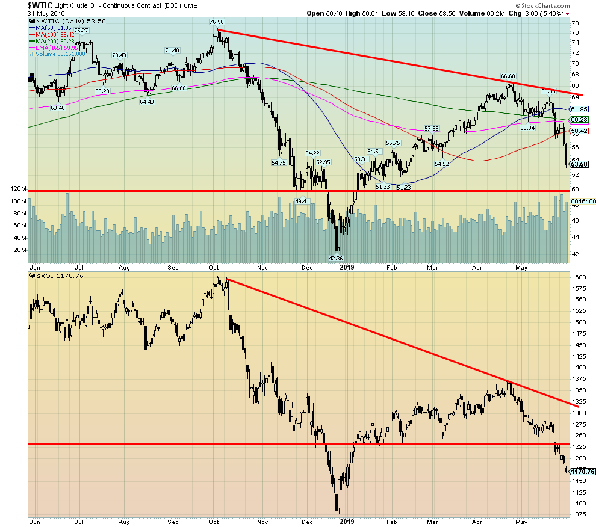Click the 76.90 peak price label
coord(217,22)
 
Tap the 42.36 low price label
coord(335,259)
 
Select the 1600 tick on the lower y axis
coord(579,277)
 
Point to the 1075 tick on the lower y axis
coord(579,514)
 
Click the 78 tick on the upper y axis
coord(575,21)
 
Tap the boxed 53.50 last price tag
coord(579,164)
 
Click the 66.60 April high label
coord(509,76)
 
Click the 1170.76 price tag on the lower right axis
coord(582,472)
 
